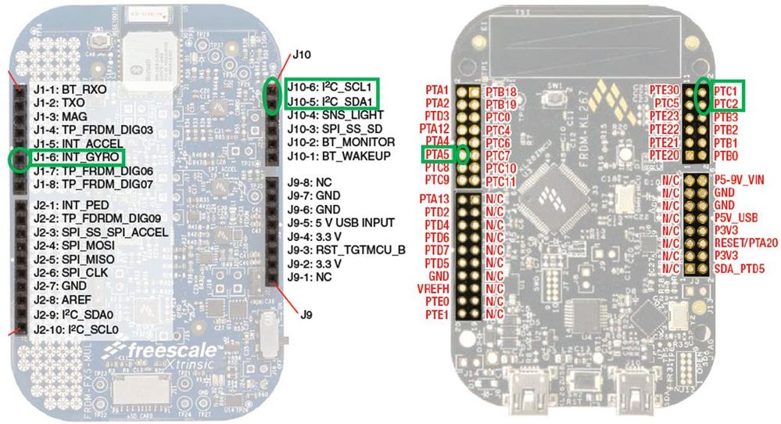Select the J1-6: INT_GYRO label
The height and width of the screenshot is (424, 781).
(74, 158)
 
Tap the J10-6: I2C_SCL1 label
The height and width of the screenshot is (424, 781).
(329, 87)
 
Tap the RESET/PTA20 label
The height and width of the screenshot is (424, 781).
(746, 243)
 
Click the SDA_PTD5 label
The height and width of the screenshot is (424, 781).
(739, 268)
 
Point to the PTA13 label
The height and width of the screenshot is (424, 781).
(433, 199)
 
